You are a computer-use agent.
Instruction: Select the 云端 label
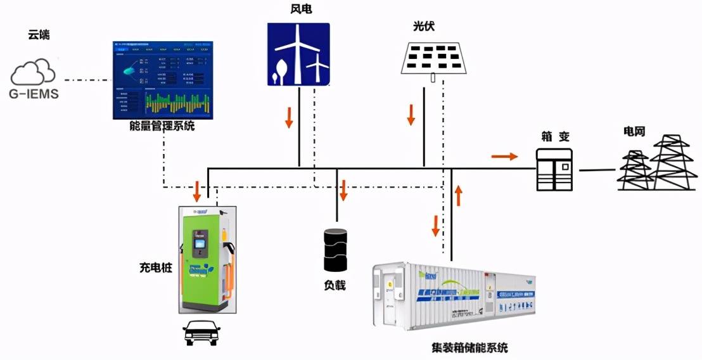39,35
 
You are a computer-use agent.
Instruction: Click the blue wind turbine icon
298,55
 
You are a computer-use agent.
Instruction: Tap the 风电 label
298,9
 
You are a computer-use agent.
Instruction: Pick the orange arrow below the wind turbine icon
289,117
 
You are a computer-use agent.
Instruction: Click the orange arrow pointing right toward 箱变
504,156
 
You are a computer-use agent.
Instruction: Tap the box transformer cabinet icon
554,169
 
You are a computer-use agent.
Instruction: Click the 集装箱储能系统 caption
468,347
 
